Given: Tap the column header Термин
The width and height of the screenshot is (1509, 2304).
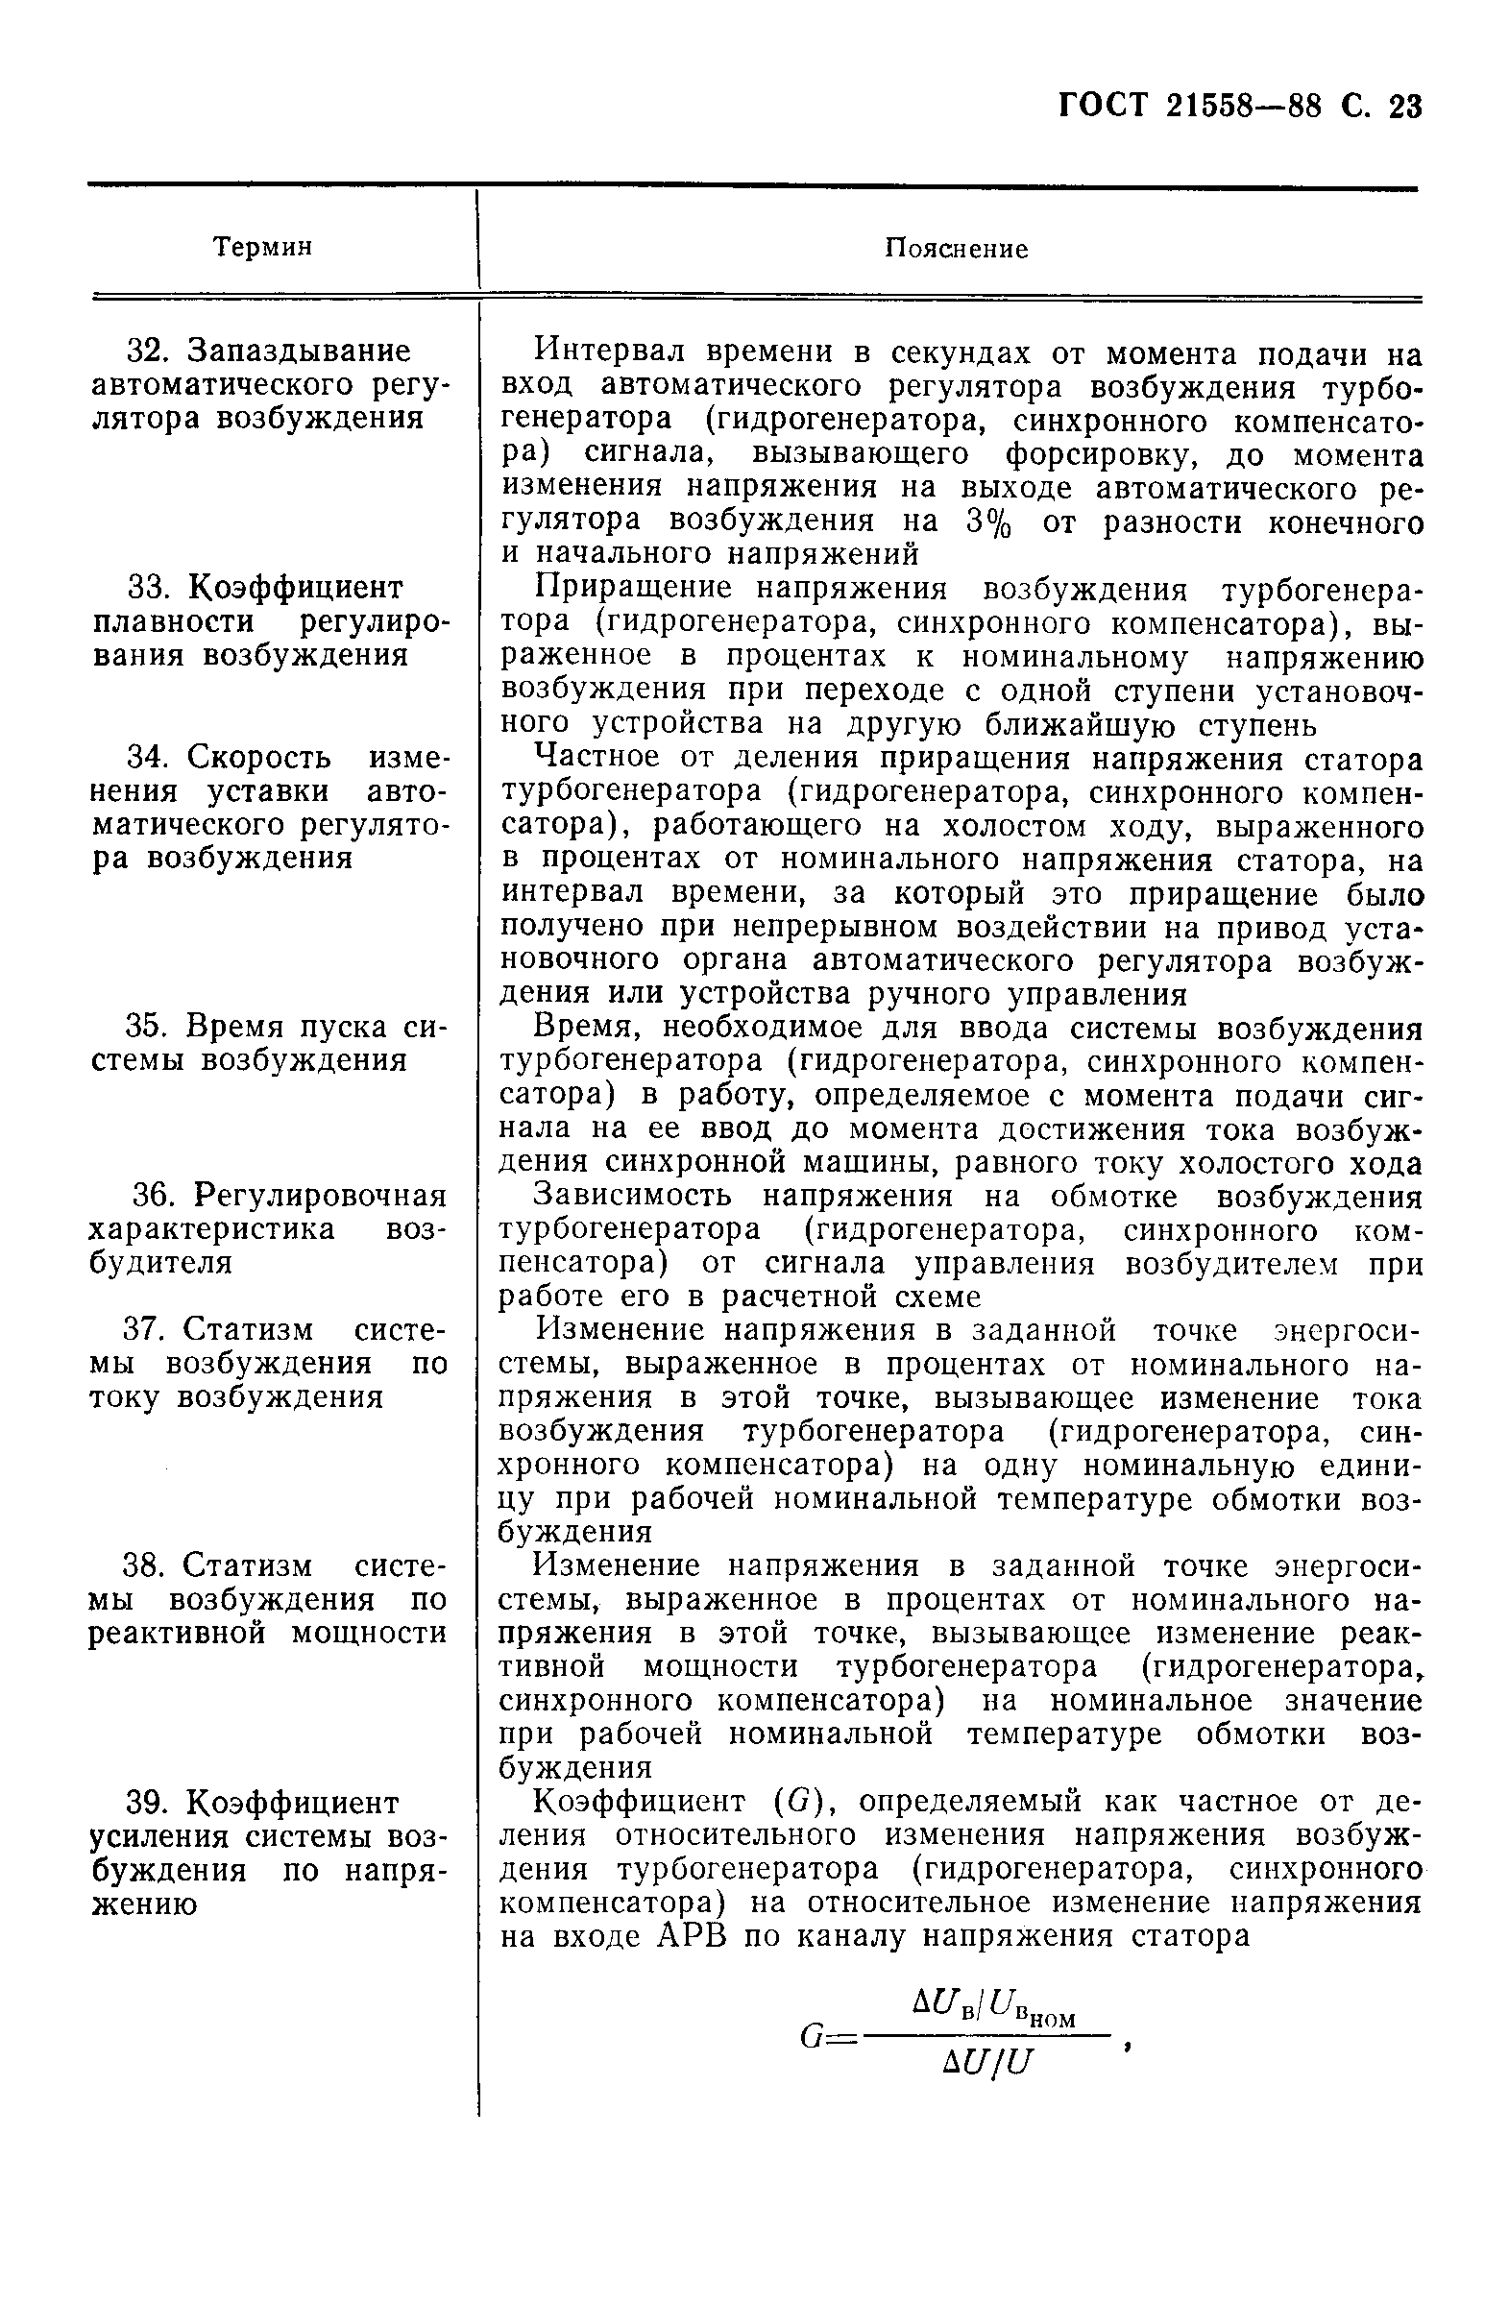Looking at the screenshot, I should click(262, 247).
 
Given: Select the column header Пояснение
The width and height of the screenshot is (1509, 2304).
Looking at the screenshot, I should click(957, 249).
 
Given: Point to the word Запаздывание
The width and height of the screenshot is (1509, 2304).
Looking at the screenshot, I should click(298, 351).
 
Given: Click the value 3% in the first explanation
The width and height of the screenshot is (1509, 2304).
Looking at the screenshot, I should click(988, 521).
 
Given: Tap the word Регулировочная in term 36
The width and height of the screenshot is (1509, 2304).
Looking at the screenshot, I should click(320, 1196).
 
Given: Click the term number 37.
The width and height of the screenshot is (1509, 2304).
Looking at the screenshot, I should click(145, 1329).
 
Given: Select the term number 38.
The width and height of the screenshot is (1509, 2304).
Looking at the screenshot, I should click(145, 1565).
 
